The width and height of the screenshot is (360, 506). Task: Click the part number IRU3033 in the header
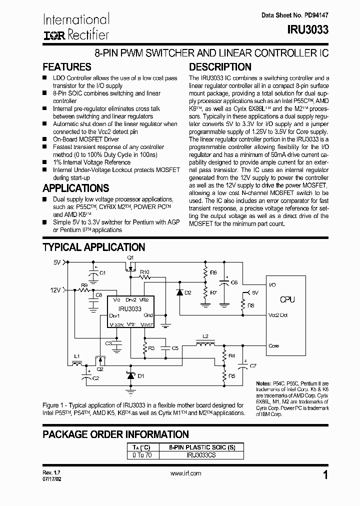pyautogui.click(x=307, y=30)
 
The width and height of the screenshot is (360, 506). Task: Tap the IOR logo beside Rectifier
pyautogui.click(x=51, y=35)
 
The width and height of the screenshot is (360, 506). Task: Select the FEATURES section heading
pyautogui.click(x=67, y=67)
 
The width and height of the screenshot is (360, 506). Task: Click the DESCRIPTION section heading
pyautogui.click(x=220, y=67)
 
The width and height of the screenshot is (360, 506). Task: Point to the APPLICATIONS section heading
pyautogui.click(x=76, y=188)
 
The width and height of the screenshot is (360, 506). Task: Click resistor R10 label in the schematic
pyautogui.click(x=145, y=271)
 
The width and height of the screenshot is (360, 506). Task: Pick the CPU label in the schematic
pyautogui.click(x=287, y=299)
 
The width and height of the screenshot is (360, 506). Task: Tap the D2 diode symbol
pyautogui.click(x=179, y=292)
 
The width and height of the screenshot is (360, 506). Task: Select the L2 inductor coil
pyautogui.click(x=205, y=345)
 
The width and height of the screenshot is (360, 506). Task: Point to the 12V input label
pyautogui.click(x=54, y=289)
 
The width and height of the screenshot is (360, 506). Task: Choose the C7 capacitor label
pyautogui.click(x=253, y=366)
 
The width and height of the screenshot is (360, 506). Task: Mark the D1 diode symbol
pyautogui.click(x=130, y=375)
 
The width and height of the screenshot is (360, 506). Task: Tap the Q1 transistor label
pyautogui.click(x=131, y=257)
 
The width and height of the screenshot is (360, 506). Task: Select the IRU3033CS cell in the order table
pyautogui.click(x=201, y=455)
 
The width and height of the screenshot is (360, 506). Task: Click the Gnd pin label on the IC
pyautogui.click(x=148, y=315)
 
